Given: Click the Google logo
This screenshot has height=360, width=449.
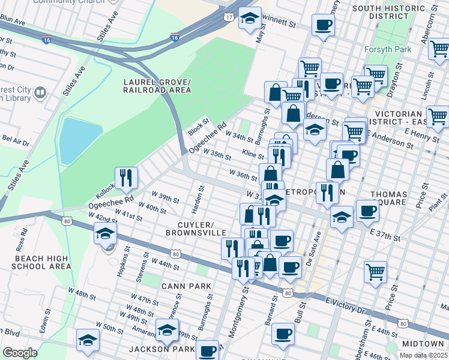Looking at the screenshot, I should [20, 353].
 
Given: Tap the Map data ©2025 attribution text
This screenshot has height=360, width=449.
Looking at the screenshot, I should [424, 355].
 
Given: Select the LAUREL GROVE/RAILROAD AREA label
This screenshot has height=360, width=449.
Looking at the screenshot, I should [157, 86].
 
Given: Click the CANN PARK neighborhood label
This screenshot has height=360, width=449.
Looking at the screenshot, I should [186, 286].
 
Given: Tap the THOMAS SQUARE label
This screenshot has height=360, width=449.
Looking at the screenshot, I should [389, 199].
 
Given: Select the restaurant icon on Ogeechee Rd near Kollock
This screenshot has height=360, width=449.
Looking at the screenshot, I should [126, 177].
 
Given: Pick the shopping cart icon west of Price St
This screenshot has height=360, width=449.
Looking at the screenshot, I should [375, 272].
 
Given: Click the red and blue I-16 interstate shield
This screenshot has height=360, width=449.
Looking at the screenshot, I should [175, 37].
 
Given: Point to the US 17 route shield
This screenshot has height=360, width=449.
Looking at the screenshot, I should [228, 17].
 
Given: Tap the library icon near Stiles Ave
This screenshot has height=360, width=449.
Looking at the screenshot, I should [40, 92].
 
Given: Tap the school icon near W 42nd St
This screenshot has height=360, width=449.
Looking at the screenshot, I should [105, 233].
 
